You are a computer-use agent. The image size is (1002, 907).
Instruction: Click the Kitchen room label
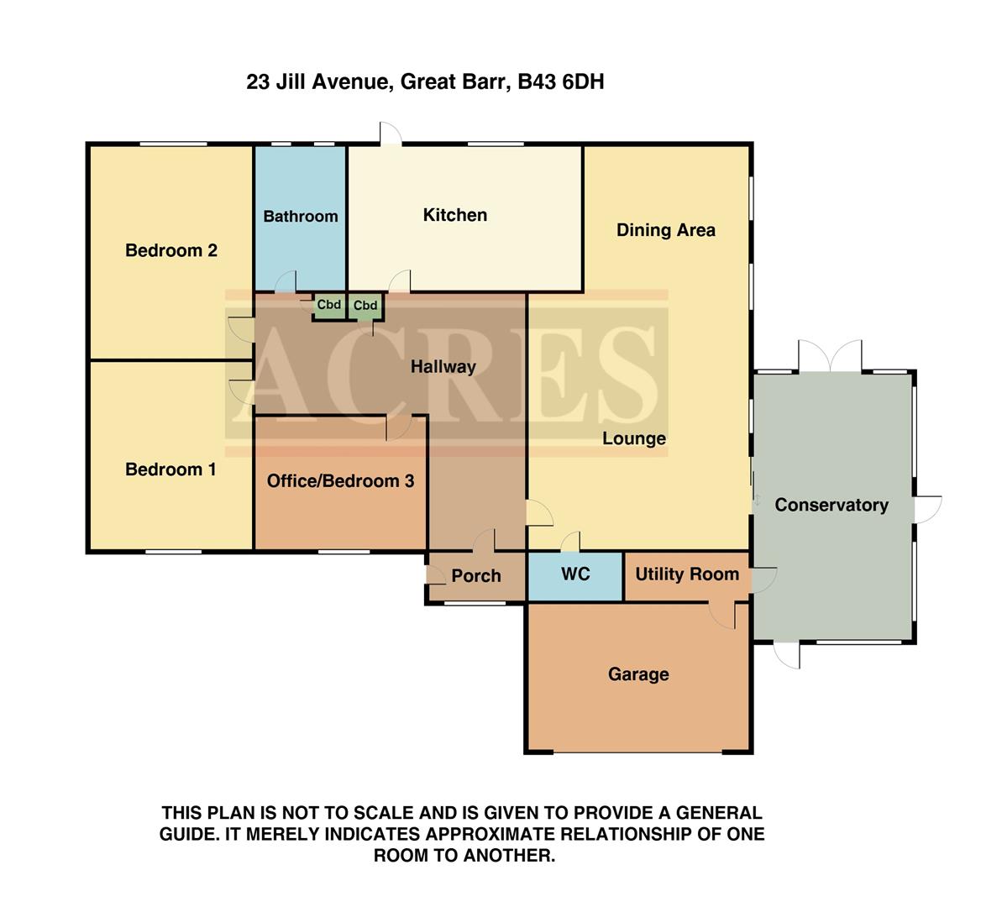click(454, 215)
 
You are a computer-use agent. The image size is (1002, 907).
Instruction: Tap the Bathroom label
click(301, 217)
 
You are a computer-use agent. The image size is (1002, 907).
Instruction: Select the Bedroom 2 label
click(171, 250)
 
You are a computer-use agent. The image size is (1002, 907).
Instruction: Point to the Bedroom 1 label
click(170, 469)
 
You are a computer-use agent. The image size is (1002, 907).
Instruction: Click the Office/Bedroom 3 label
click(340, 481)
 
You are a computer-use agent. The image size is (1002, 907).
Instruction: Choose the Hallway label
click(443, 367)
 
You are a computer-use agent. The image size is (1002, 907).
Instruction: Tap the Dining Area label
click(665, 230)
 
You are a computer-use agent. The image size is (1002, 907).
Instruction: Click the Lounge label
click(633, 438)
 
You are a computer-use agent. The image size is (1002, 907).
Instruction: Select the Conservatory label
click(831, 505)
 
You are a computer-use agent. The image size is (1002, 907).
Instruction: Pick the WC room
click(575, 574)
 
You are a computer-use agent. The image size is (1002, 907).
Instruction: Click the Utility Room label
click(687, 574)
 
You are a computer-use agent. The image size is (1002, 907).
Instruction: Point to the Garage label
click(638, 674)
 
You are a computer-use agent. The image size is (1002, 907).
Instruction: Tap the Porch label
click(475, 576)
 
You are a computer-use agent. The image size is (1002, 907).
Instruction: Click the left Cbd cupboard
click(328, 305)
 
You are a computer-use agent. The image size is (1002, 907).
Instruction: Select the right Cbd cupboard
click(365, 306)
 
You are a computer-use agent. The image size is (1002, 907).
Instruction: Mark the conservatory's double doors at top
click(830, 357)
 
